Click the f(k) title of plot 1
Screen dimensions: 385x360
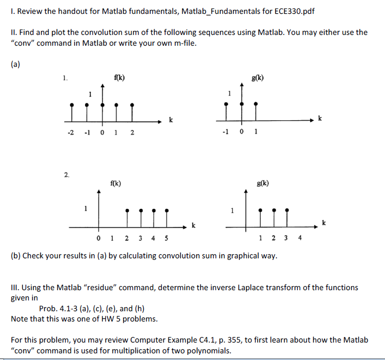118,78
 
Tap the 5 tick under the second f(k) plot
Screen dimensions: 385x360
166,238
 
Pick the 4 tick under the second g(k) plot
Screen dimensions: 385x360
300,237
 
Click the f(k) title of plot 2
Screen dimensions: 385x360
115,183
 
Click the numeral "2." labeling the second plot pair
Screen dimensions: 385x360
67,175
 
